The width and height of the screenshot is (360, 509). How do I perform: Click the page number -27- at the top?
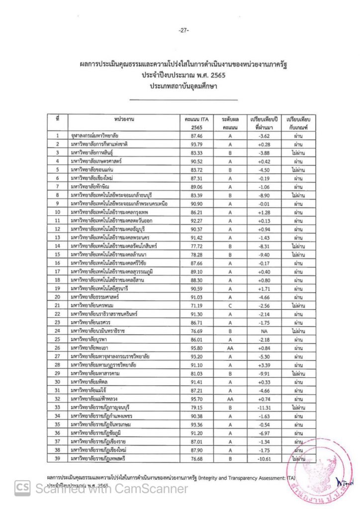[x=182, y=31]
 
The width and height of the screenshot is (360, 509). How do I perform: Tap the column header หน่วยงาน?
[x=122, y=120]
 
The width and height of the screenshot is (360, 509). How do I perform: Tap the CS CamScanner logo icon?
[x=22, y=489]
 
